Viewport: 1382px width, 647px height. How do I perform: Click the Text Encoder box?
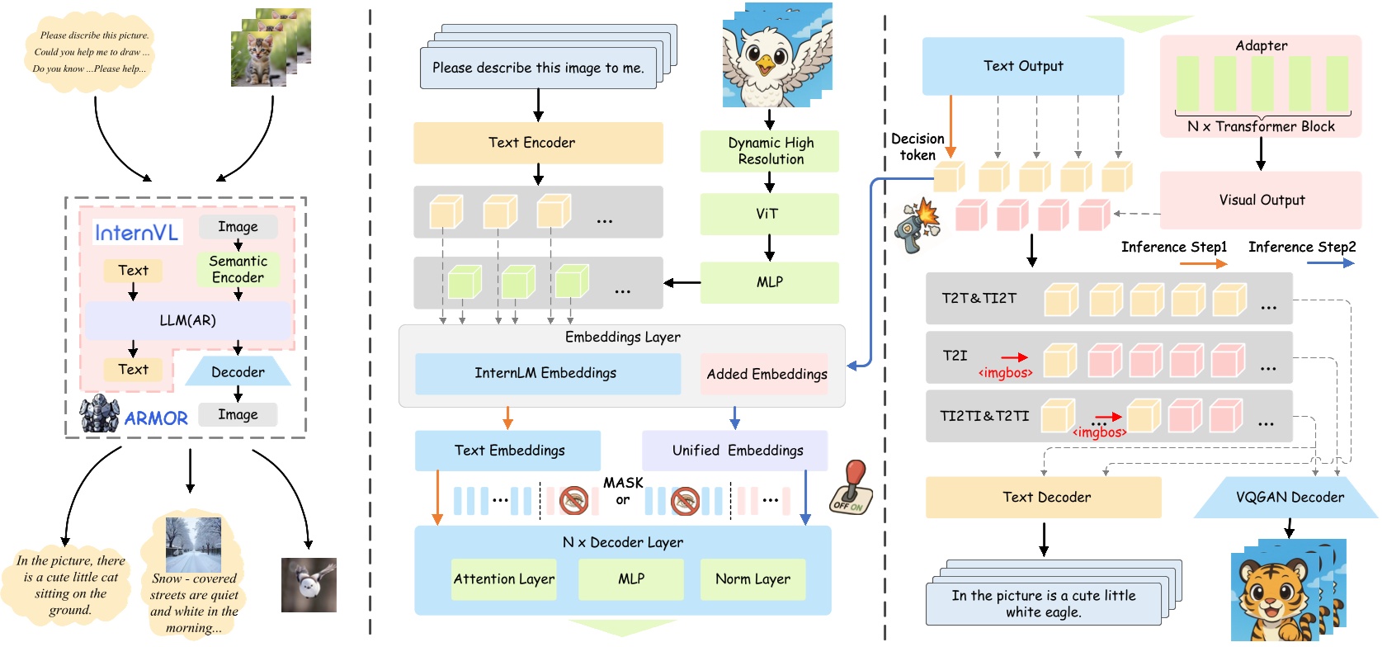[537, 143]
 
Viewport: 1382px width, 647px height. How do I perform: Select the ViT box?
[768, 214]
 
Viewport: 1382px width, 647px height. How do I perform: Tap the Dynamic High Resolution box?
[769, 151]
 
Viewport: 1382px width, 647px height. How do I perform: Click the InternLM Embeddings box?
[546, 373]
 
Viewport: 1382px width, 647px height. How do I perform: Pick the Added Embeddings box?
[766, 374]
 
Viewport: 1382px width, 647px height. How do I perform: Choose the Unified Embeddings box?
[736, 451]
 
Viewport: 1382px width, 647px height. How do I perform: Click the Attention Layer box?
[503, 579]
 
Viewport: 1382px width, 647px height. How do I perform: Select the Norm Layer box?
[752, 579]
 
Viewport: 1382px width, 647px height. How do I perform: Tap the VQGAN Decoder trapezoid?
[1288, 497]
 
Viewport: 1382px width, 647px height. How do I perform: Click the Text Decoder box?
[1045, 497]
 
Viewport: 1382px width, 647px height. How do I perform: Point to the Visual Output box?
[1261, 200]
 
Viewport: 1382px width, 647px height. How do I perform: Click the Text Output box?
[1022, 66]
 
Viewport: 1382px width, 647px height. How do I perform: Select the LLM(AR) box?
[187, 320]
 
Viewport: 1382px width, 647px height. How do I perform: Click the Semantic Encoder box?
[238, 270]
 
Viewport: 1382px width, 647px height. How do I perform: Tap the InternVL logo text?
[136, 233]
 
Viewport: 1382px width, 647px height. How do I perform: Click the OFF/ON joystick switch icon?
[849, 487]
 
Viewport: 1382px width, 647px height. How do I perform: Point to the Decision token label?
[917, 147]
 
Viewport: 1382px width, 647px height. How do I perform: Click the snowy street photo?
[193, 545]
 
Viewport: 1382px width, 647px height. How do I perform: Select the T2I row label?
[955, 356]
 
